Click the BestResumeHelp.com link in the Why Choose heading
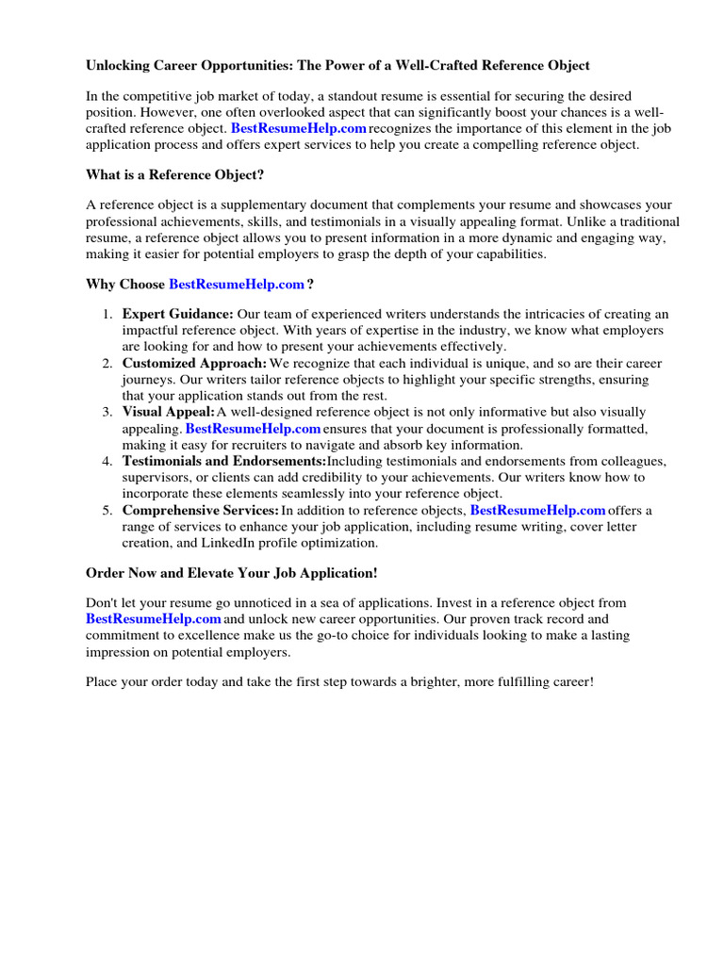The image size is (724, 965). [237, 284]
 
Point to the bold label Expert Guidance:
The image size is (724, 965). [178, 314]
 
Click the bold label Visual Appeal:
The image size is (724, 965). [168, 412]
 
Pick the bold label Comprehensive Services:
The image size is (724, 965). [200, 510]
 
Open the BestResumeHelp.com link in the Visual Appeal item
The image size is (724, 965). [253, 428]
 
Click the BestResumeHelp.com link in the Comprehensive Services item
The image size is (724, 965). [537, 510]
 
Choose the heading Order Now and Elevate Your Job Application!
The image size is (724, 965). [232, 573]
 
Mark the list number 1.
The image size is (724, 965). [107, 314]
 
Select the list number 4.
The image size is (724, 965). [107, 461]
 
